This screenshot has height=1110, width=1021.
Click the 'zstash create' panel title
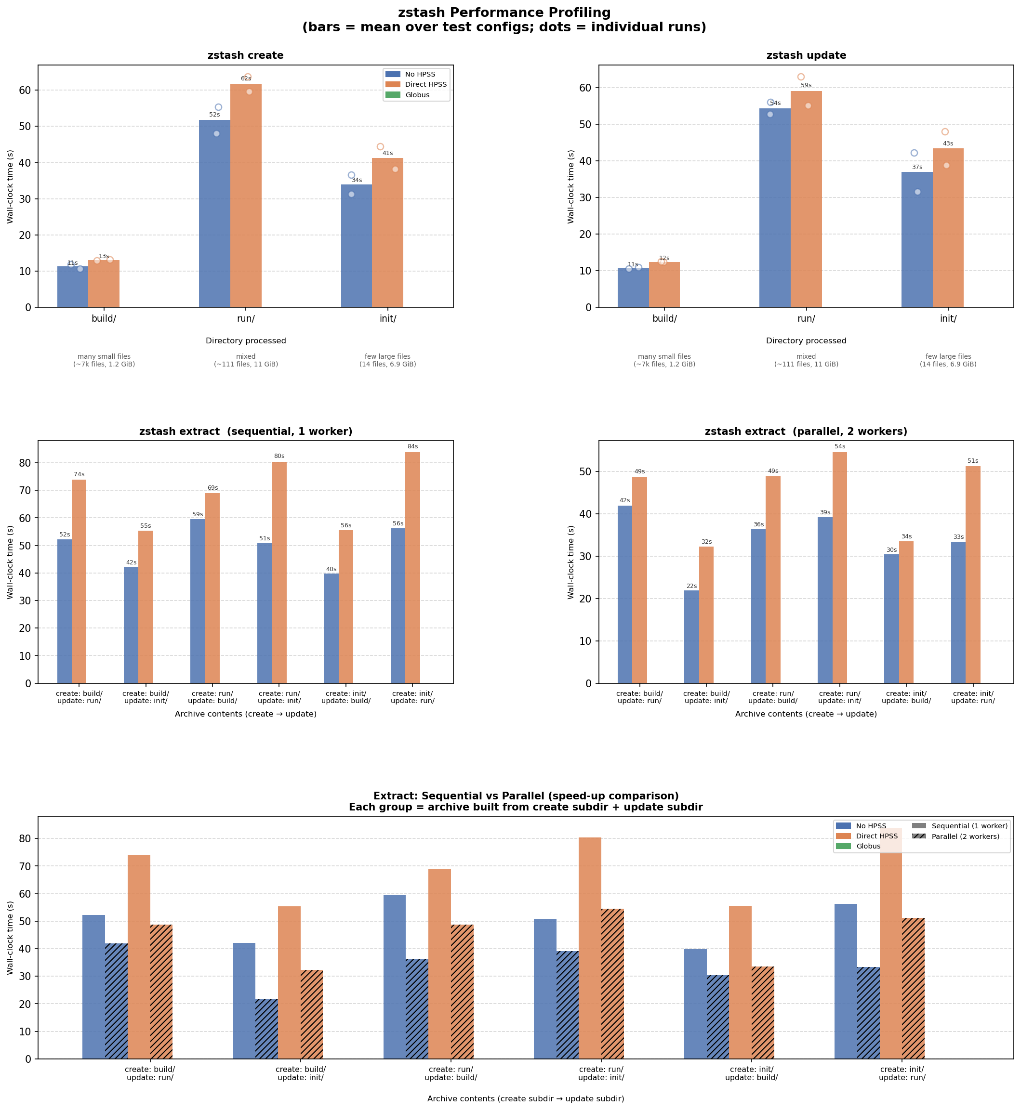[x=245, y=56]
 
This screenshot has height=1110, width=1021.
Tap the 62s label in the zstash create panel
[x=246, y=78]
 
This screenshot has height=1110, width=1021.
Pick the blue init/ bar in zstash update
[x=916, y=240]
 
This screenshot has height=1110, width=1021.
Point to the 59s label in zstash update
[x=806, y=86]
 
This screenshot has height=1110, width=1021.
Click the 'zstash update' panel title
[x=806, y=56]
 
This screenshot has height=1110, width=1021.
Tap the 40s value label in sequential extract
[x=331, y=569]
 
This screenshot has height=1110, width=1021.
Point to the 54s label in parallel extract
[x=840, y=447]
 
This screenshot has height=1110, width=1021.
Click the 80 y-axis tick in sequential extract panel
[x=26, y=463]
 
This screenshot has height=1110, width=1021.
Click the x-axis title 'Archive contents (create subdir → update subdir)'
[x=525, y=1099]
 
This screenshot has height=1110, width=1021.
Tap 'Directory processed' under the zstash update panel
[x=806, y=341]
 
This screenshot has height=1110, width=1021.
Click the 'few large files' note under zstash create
[x=387, y=357]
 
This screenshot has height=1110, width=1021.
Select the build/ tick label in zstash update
[x=664, y=319]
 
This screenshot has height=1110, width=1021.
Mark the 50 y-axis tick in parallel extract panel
[x=585, y=472]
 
